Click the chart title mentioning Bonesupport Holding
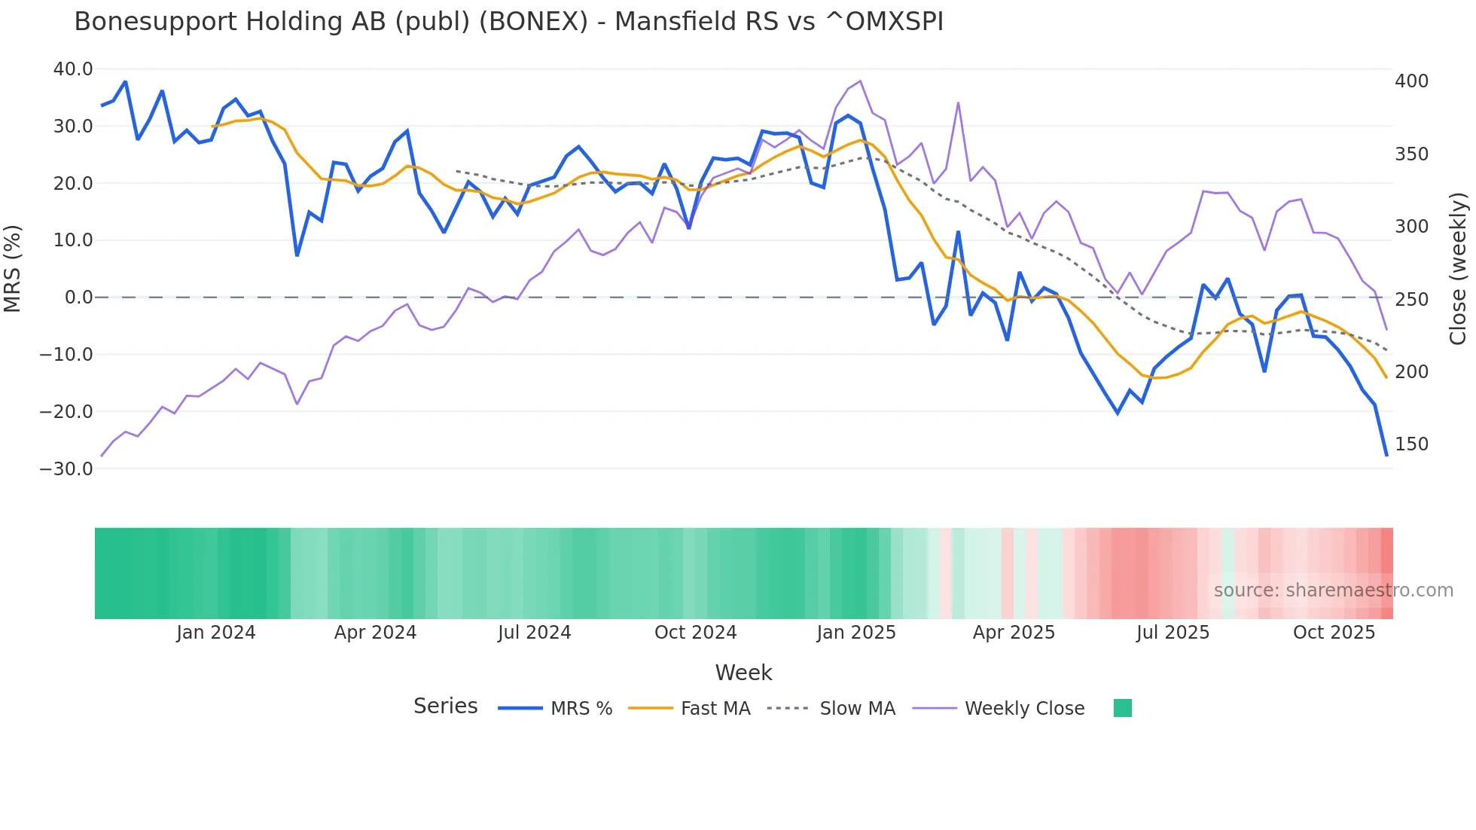pos(508,22)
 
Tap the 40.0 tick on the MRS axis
pos(73,69)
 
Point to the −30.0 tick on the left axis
pos(67,468)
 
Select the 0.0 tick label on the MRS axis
pos(78,298)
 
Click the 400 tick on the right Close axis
pos(1411,81)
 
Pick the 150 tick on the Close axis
pos(1411,444)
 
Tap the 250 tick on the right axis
pos(1411,300)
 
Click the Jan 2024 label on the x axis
pos(216,633)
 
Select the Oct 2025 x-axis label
pos(1334,633)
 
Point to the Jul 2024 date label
pos(535,633)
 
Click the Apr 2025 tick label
pos(1014,633)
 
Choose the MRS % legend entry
pos(581,709)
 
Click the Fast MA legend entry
pos(715,709)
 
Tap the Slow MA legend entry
pos(857,709)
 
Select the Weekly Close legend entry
pos(1024,709)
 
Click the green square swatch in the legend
pos(1122,708)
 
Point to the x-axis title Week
pos(743,673)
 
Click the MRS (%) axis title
pos(13,269)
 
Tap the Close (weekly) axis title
pos(1458,269)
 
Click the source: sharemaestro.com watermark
pos(1333,590)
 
